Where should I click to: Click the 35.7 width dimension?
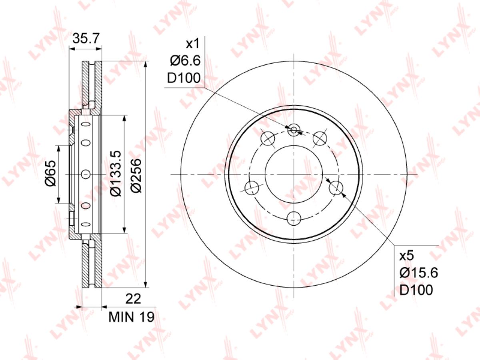(86, 38)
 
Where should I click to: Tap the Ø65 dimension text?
(51, 173)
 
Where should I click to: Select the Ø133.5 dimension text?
(115, 173)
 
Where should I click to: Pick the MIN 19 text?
(132, 317)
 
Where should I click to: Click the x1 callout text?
(193, 44)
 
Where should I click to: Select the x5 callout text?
(406, 256)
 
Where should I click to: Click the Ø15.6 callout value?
(419, 273)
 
